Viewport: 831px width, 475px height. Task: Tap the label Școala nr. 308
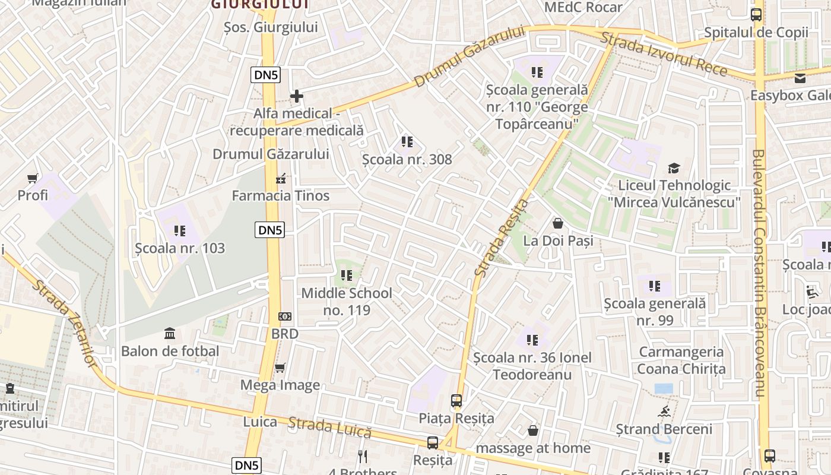coord(407,159)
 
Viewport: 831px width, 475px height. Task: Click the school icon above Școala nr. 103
coord(179,230)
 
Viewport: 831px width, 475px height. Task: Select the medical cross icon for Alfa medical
coord(296,96)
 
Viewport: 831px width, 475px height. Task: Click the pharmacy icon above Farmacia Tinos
coord(281,178)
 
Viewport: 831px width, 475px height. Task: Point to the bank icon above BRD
coord(285,317)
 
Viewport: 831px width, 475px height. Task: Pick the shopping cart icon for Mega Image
coord(280,368)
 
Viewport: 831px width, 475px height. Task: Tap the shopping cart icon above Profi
coord(33,178)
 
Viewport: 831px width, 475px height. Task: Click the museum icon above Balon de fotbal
coord(170,333)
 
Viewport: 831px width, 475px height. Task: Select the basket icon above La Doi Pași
coord(558,223)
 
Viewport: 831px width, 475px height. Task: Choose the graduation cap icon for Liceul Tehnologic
coord(674,169)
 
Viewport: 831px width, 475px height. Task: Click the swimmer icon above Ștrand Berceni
coord(664,411)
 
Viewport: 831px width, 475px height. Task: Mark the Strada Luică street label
coord(330,427)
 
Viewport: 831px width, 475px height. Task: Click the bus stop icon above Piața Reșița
coord(456,401)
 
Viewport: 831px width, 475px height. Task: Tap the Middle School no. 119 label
coord(347,301)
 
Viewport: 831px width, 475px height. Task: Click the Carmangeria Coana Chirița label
coord(681,360)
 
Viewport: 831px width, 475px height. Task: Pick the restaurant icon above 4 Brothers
coord(363,456)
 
